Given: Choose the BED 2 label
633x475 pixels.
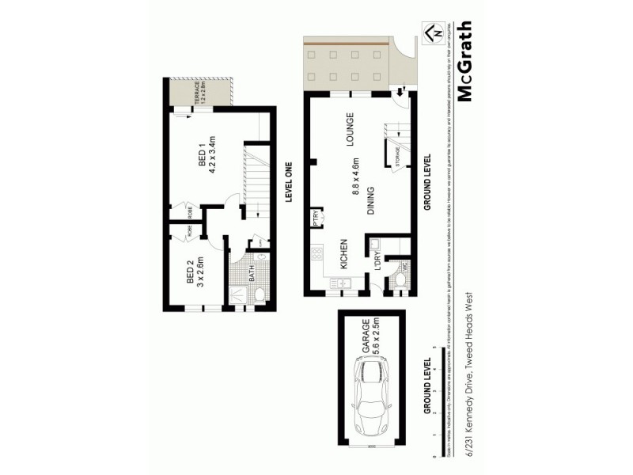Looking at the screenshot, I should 190,272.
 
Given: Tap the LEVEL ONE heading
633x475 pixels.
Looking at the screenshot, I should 290,182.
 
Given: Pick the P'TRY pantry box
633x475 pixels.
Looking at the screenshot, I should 316,218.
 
